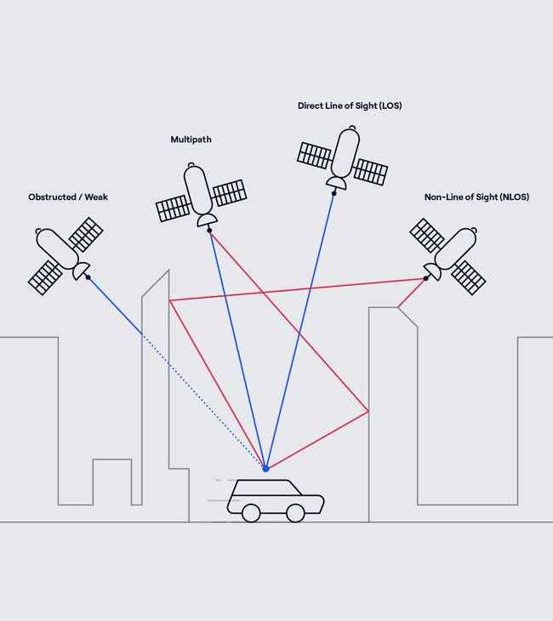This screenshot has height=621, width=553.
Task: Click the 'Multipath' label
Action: click(x=191, y=139)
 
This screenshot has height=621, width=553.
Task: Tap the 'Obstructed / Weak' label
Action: click(x=68, y=197)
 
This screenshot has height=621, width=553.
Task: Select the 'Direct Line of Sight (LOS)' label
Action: click(x=350, y=106)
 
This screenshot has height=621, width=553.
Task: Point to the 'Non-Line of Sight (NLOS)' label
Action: click(x=476, y=197)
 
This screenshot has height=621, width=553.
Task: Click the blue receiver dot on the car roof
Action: click(x=265, y=469)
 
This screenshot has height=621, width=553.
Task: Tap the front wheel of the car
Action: click(x=295, y=513)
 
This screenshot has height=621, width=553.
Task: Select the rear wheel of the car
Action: click(x=251, y=513)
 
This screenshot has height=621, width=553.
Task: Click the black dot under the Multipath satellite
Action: click(x=209, y=230)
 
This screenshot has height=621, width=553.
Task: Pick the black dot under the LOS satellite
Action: click(x=334, y=193)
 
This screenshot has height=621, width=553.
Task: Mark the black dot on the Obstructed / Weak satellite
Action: click(x=88, y=276)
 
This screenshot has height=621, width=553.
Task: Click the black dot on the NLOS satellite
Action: click(x=425, y=278)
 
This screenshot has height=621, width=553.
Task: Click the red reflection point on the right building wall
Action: click(x=368, y=412)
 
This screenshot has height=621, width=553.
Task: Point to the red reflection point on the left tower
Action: click(x=170, y=300)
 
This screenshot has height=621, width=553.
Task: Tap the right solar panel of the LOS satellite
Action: click(x=371, y=172)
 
